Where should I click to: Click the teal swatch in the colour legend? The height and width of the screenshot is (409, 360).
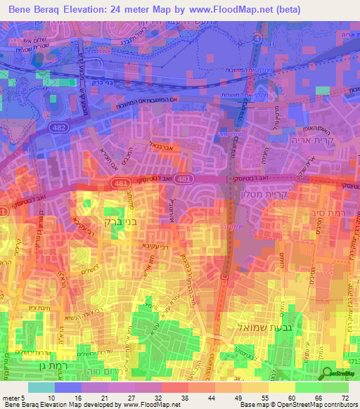tap(41, 387)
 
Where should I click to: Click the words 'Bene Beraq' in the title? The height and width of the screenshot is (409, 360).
tap(37, 10)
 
